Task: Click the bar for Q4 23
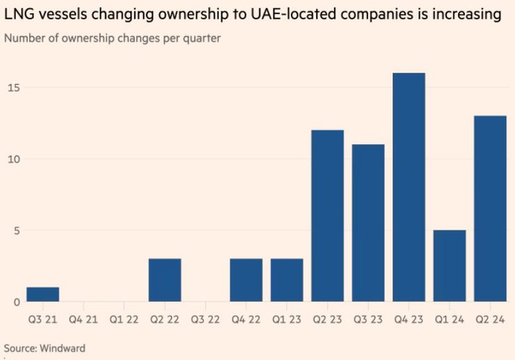tap(409, 187)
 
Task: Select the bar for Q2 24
tap(489, 209)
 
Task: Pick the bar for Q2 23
tap(327, 216)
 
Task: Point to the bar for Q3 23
tap(367, 223)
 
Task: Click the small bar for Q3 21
tap(42, 295)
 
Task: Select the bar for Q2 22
tap(164, 280)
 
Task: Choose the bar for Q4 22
tap(246, 280)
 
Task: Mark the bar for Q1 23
tap(286, 280)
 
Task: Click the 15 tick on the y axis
tap(14, 88)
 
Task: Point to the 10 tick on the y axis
tap(14, 159)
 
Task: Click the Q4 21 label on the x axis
tap(83, 320)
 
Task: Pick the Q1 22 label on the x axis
tap(124, 320)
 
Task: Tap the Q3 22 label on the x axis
tap(205, 320)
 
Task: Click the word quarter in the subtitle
tap(201, 38)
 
